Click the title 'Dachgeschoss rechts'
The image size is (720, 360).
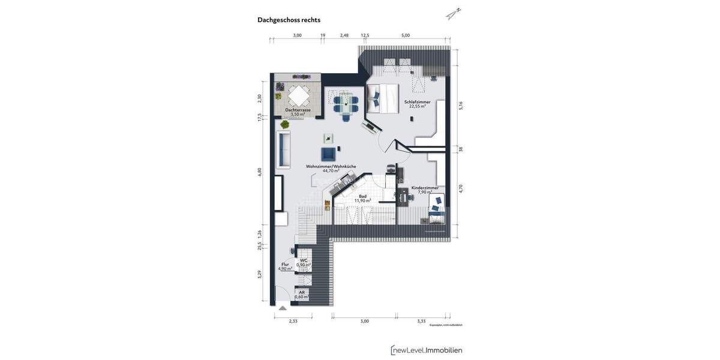[289, 20]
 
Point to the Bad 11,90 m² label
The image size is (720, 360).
[362, 198]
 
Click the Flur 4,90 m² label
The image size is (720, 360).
[285, 266]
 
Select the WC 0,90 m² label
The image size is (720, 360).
[304, 262]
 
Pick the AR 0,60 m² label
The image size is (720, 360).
[302, 295]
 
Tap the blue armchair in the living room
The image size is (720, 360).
[329, 154]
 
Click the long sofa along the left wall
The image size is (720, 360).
[283, 151]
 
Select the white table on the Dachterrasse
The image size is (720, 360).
[298, 95]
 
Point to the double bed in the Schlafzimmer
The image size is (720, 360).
[383, 98]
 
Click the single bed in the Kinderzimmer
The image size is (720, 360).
[437, 213]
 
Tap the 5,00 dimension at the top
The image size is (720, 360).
[406, 35]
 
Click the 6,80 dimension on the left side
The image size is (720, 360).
[260, 172]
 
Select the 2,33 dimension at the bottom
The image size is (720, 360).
[293, 321]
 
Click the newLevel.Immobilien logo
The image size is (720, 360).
[427, 350]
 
